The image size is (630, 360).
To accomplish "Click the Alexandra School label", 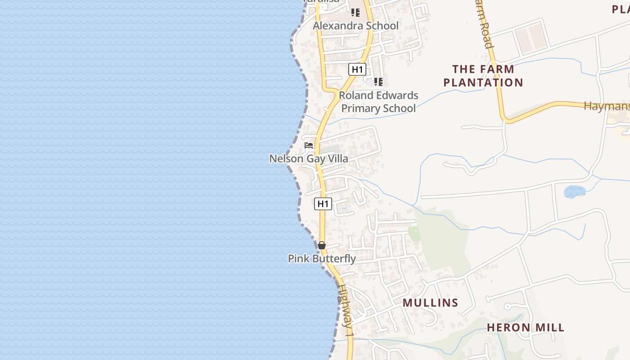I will coord(355,26).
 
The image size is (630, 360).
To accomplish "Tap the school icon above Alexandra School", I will coord(355,13).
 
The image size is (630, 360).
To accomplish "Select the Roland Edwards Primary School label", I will coord(378,102).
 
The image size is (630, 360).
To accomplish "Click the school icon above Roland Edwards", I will coord(378,81).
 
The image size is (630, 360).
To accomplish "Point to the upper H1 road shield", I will coord(357,69).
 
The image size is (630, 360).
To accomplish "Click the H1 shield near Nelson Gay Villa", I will coord(323,204).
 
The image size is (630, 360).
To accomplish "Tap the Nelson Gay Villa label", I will coord(308,158).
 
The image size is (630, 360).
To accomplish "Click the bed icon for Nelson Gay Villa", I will coord(309,145).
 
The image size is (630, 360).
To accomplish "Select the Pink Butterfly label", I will coord(322,259).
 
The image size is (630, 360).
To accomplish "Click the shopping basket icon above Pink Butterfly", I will coord(322,245).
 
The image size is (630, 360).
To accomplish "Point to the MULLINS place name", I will coord(430,303).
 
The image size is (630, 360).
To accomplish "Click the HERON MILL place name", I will coord(526,328).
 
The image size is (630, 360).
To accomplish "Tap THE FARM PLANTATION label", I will coord(483,76).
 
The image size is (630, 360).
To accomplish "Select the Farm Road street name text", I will coord(484,25).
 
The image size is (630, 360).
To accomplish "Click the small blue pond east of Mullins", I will coord(575,192).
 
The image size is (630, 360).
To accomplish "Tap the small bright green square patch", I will coord(414,234).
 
